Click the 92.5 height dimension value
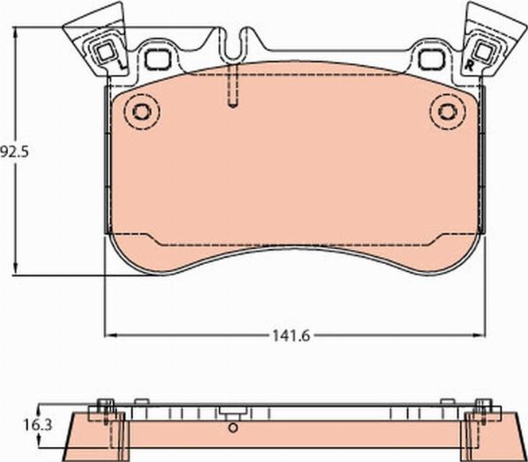[x=14, y=152]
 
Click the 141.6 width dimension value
[x=291, y=336]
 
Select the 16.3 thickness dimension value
[x=37, y=425]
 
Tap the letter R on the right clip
[x=469, y=65]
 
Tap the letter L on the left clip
[x=123, y=65]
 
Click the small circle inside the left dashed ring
[x=142, y=112]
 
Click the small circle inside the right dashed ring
[x=448, y=112]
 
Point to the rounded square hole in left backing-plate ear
[x=158, y=59]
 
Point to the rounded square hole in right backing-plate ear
[x=432, y=59]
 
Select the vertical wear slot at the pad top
[x=232, y=85]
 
